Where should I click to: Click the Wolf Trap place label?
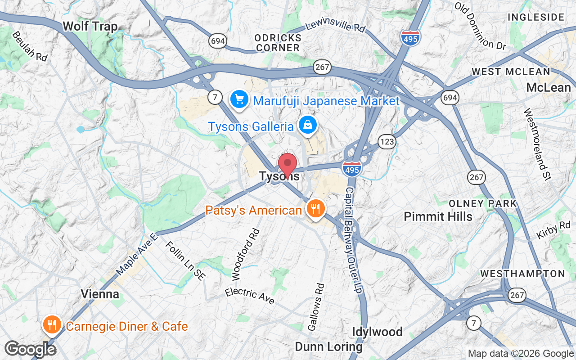[90, 26]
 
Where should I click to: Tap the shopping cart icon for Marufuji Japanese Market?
[239, 99]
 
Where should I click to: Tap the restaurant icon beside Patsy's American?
[315, 209]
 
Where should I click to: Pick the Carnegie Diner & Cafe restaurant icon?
[52, 325]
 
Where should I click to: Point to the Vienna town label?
[100, 294]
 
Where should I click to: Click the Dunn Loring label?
[328, 347]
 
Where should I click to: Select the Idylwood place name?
[377, 332]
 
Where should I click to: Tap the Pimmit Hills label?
[438, 216]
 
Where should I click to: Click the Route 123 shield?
[387, 142]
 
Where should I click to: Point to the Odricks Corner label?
[277, 42]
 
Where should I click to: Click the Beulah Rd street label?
[30, 46]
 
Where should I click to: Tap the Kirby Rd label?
[553, 230]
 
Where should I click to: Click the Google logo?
[30, 349]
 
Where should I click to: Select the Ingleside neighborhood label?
[535, 17]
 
